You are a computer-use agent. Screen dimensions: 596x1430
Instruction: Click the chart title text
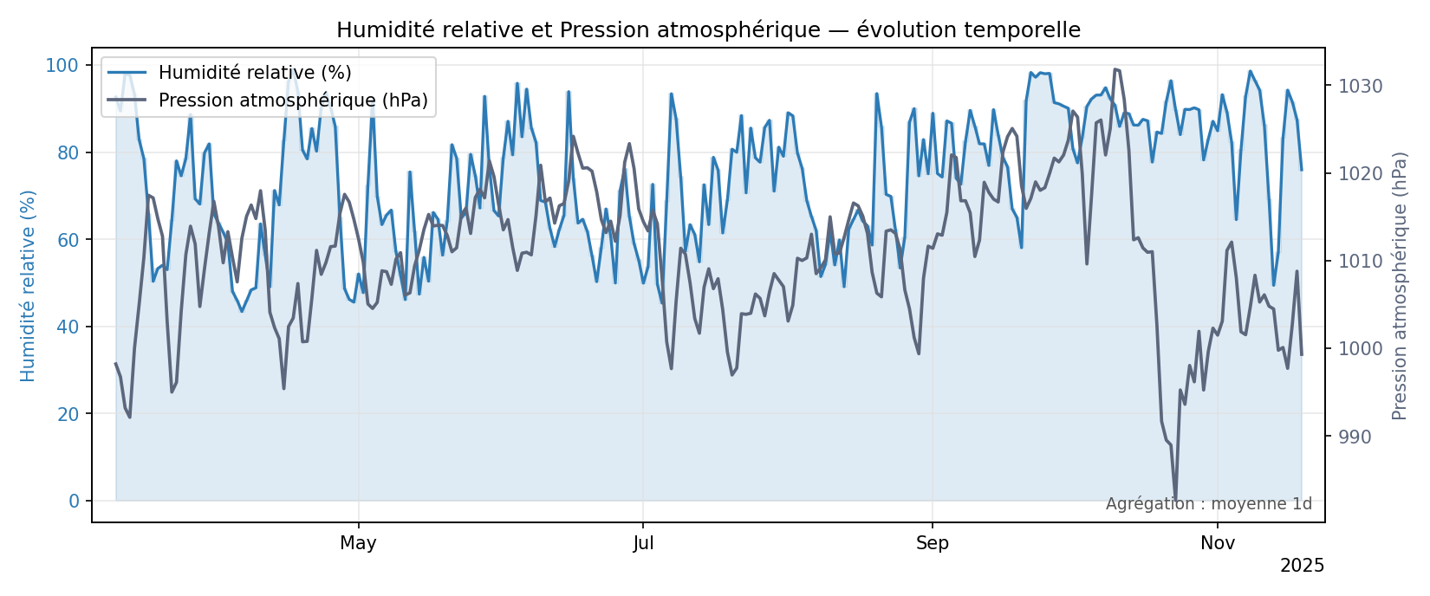pyautogui.click(x=708, y=30)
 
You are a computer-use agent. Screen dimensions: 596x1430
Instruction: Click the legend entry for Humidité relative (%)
pyautogui.click(x=254, y=73)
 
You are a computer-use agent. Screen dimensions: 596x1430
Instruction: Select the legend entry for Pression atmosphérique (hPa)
pyautogui.click(x=293, y=100)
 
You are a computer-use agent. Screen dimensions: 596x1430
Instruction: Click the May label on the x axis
pyautogui.click(x=358, y=544)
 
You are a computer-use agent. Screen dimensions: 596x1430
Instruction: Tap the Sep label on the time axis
pyautogui.click(x=933, y=544)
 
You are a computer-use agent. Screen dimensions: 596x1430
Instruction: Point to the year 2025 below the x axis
pyautogui.click(x=1302, y=567)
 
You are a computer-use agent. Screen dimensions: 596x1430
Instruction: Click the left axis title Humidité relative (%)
pyautogui.click(x=29, y=286)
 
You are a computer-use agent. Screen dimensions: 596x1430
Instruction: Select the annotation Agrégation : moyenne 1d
pyautogui.click(x=1208, y=504)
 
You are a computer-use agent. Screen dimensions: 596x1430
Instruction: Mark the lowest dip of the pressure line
pyautogui.click(x=1175, y=500)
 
